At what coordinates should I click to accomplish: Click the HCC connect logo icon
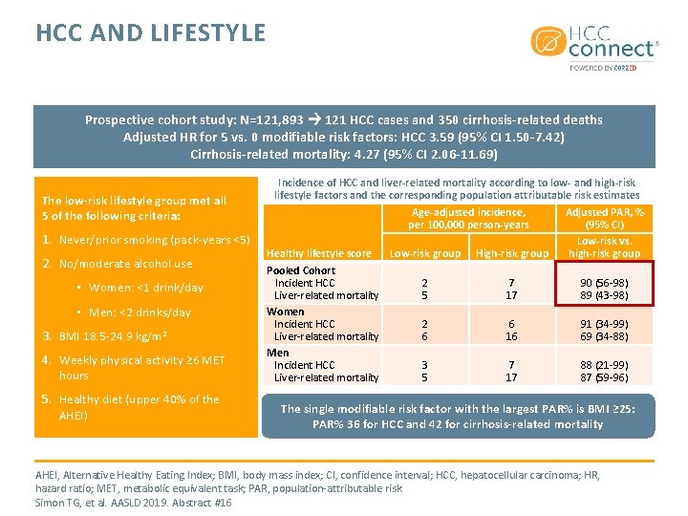547,43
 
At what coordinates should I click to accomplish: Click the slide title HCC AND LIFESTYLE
151,33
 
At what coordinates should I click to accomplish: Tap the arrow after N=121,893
313,120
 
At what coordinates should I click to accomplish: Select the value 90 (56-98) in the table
605,283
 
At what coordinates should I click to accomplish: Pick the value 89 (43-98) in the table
605,295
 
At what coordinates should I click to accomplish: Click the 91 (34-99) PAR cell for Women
605,324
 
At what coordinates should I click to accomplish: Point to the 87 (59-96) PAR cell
605,377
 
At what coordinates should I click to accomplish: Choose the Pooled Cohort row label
301,270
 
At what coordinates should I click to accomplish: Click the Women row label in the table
286,312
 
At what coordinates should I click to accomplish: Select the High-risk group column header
512,253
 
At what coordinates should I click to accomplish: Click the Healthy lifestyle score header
319,253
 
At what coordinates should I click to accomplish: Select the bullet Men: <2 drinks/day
140,312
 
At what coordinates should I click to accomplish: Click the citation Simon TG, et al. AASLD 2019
133,503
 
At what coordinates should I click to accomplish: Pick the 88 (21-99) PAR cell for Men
605,365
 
